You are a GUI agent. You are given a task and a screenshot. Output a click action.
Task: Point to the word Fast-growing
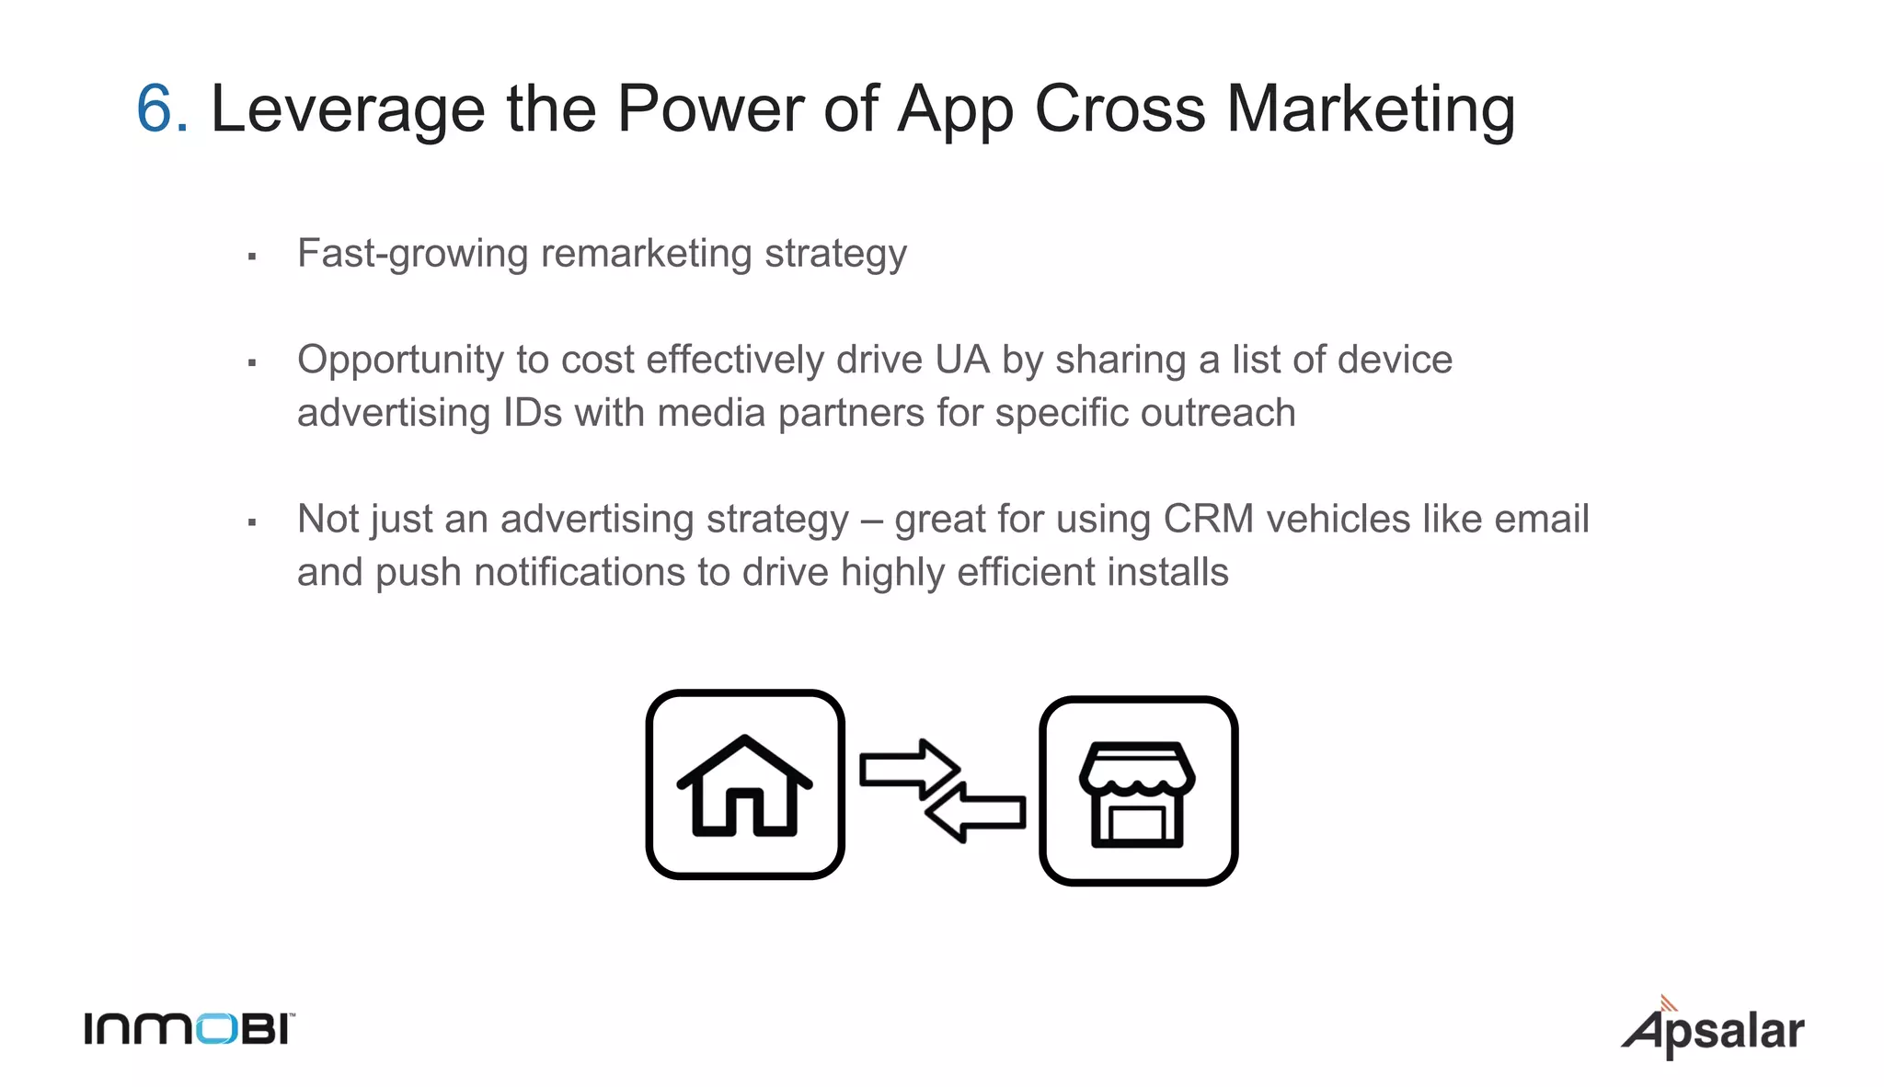click(x=412, y=255)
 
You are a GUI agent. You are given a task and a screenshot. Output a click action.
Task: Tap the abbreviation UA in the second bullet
click(x=962, y=360)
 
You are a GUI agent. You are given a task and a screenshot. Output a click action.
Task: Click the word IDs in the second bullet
click(x=532, y=413)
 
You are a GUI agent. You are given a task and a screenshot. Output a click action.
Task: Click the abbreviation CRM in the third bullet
click(x=1208, y=519)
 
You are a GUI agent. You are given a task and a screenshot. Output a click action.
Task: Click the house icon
click(x=745, y=784)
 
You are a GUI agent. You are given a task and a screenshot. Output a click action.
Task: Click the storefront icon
click(x=1138, y=791)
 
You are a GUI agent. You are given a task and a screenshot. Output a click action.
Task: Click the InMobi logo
click(x=190, y=1029)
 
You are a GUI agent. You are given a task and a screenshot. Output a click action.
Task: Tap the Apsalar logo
click(x=1713, y=1030)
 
